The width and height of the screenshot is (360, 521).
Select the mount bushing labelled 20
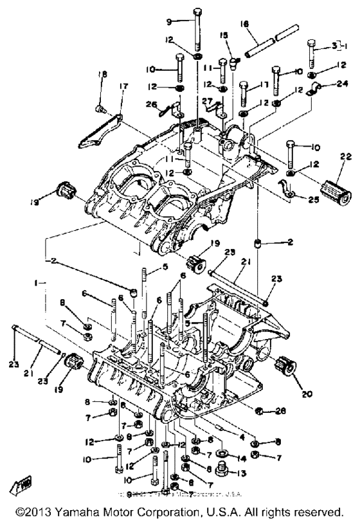click(284, 368)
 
